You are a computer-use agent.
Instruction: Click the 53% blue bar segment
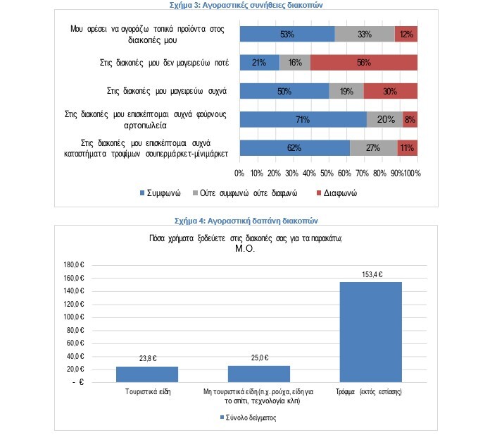click(287, 34)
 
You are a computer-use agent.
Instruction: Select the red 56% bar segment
click(363, 62)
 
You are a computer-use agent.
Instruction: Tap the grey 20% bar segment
click(384, 119)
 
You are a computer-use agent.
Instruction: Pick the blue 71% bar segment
click(303, 119)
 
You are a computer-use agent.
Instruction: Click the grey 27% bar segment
click(373, 148)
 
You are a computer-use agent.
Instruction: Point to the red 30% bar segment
click(390, 91)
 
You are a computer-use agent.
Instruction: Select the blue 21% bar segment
click(259, 62)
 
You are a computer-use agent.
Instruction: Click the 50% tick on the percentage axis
click(327, 173)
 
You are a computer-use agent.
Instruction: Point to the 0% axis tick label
click(239, 173)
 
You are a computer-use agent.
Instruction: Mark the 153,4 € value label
click(370, 274)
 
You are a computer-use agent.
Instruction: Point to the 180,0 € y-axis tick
click(73, 265)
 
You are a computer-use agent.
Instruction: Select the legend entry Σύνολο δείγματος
click(249, 417)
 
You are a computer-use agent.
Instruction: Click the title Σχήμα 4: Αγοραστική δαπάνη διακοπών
click(249, 220)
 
